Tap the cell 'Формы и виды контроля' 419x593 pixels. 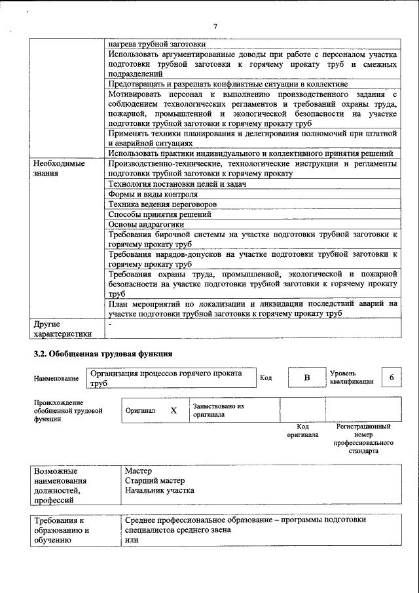coord(153,194)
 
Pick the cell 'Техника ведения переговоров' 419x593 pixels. coord(162,204)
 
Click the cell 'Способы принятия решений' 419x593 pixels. coord(159,214)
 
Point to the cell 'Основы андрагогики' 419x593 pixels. coord(146,225)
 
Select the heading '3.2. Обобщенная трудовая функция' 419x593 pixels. coord(103,354)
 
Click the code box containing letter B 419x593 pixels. coord(306,378)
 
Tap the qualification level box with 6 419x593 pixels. coord(392,377)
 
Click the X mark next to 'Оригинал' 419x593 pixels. coord(173,410)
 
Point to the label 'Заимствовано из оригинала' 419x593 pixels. coord(218,410)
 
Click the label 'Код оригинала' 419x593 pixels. coord(302,430)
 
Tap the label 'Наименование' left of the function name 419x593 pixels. coord(56,378)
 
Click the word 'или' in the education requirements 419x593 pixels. coord(131,540)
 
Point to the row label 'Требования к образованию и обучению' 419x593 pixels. coord(62,530)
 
